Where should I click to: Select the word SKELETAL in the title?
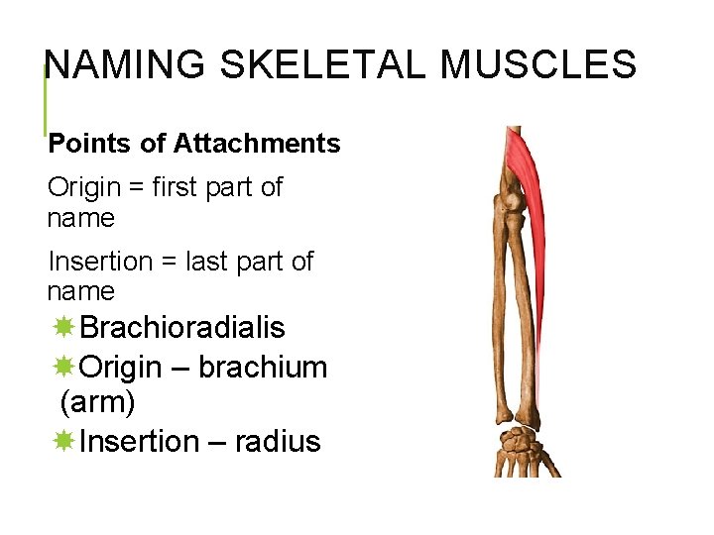click(324, 66)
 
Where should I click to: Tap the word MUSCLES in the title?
click(538, 66)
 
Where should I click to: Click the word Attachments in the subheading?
click(257, 144)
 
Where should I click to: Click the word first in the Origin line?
click(184, 187)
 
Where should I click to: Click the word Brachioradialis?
click(182, 328)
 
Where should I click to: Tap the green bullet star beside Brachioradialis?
click(63, 328)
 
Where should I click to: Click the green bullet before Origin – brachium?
click(63, 368)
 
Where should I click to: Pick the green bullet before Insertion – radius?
click(63, 442)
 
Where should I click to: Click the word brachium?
click(263, 368)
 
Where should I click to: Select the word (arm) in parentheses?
click(97, 403)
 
